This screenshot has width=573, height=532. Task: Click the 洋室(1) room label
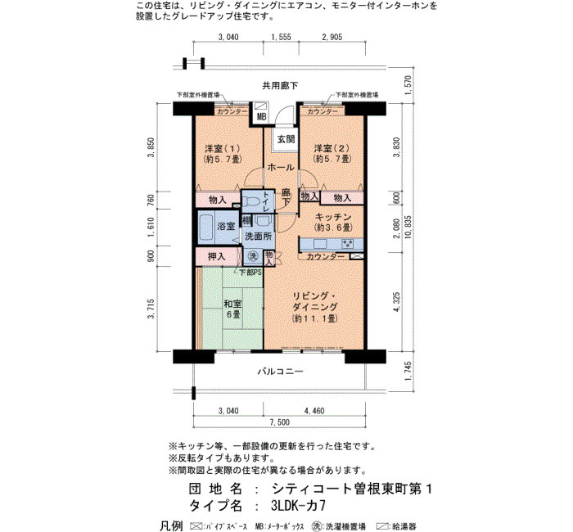coord(223,149)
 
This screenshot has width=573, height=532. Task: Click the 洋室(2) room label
coord(332,148)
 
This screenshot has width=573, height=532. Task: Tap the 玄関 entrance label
coord(286,139)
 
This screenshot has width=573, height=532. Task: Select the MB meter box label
coord(262,117)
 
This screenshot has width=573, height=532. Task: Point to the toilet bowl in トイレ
coord(252,201)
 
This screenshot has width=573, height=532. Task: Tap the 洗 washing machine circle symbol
coord(252,256)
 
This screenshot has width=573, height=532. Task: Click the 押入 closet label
coord(216,256)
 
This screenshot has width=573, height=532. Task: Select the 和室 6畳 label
coord(232,309)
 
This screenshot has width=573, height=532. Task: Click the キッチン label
coord(333,217)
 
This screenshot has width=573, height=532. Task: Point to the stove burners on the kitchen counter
coord(347,244)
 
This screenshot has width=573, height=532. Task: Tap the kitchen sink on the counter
coord(320,244)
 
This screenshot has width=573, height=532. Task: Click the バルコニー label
coord(280,372)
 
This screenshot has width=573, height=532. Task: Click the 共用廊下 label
coord(280,86)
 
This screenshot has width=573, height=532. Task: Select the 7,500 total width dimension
coord(280,422)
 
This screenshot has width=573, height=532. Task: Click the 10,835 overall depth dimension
coord(408,227)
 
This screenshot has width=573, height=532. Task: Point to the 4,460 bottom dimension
coord(314,411)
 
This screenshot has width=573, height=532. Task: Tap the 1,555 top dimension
coord(281,37)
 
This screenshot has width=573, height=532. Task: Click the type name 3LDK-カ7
coord(298,506)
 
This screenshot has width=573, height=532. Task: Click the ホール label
coord(281,168)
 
